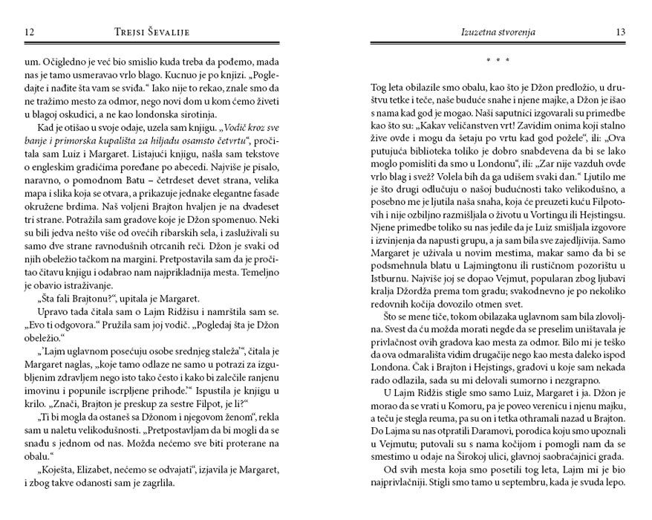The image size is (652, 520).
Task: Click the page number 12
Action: tap(30, 32)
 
